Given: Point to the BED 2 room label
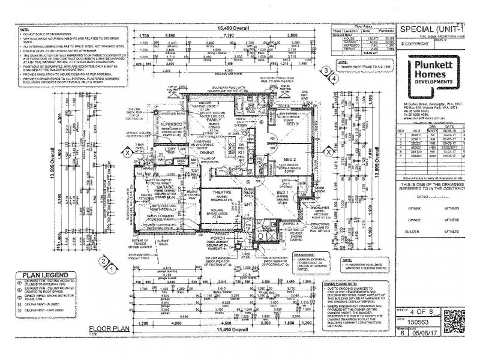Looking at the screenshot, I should point(291,160).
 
